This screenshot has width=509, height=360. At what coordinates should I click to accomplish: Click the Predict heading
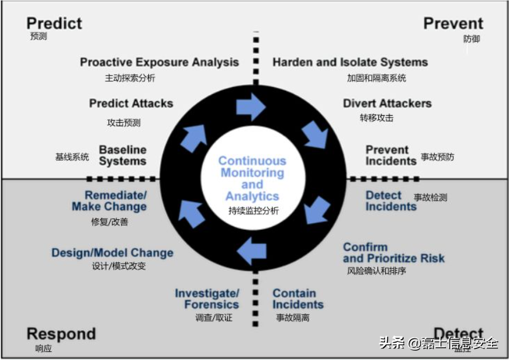pos(54,23)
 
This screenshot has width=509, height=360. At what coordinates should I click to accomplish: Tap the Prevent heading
pos(453,23)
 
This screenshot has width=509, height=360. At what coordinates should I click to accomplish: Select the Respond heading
pos(61,334)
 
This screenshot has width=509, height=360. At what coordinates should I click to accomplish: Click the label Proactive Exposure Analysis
pos(159,62)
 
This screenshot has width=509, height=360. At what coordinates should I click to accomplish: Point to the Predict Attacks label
pos(131,103)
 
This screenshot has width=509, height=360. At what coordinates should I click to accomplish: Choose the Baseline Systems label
pos(122,155)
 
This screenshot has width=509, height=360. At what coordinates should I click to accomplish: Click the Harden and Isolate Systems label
pos(350,62)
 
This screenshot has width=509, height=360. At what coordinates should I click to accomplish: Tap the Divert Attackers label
pos(387,103)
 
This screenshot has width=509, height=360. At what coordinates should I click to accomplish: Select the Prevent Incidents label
pos(391,155)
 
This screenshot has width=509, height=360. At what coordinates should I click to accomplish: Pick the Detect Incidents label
pos(391,200)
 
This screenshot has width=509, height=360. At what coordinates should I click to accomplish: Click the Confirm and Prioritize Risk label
pos(393,252)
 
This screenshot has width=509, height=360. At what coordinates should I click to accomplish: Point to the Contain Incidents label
pos(298,299)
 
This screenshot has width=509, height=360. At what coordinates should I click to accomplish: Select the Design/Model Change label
pos(112,253)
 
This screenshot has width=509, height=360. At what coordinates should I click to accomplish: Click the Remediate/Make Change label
pos(109,200)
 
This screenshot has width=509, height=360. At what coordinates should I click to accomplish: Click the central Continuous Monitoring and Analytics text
pos(252,178)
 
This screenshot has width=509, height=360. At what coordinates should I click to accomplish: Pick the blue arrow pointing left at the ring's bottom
pos(252,251)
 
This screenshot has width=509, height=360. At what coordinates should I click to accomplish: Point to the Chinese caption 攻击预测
pos(123,123)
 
